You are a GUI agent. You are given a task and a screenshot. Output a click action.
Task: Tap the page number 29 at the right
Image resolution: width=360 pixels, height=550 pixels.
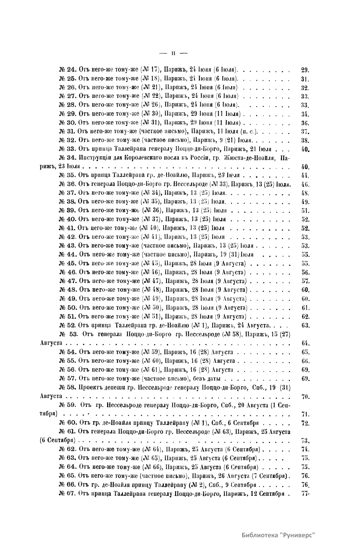pyautogui.click(x=305, y=70)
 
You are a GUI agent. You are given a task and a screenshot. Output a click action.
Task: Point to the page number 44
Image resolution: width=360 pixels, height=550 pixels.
pyautogui.click(x=305, y=175)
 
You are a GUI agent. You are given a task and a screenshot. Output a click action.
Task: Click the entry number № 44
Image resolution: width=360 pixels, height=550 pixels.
pyautogui.click(x=68, y=255)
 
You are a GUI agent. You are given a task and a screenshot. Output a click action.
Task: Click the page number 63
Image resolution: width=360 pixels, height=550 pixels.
pyautogui.click(x=305, y=326)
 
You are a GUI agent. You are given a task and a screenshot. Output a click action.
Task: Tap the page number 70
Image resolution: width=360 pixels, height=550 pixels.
pyautogui.click(x=305, y=397)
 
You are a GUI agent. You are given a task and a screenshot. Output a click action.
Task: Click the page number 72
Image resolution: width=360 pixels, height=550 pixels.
pyautogui.click(x=305, y=423)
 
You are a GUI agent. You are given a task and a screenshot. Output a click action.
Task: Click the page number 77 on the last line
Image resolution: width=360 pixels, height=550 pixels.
pyautogui.click(x=305, y=493)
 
